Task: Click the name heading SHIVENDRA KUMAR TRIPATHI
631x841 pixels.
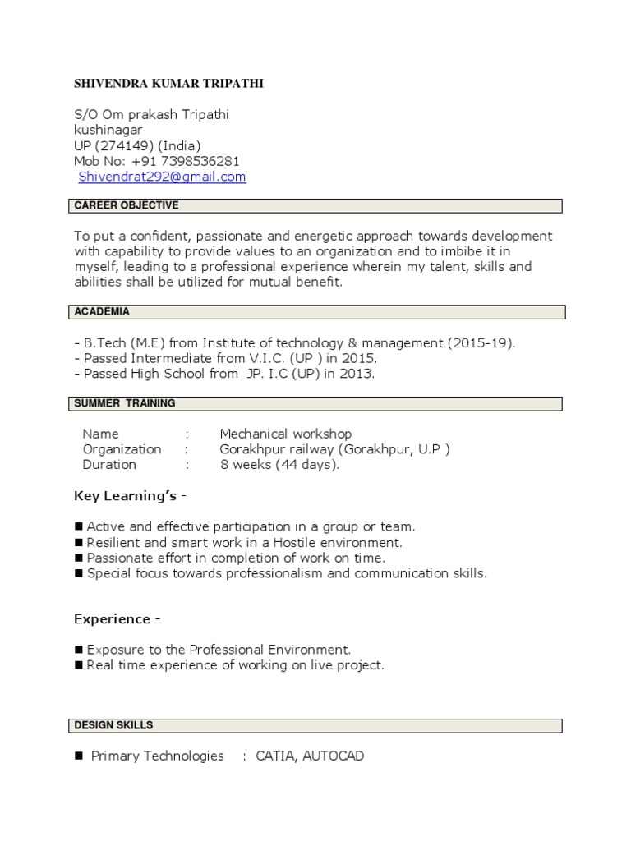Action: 169,84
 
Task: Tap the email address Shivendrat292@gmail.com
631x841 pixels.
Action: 162,177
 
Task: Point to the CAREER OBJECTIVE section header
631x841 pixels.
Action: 127,205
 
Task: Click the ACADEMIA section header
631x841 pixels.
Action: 102,312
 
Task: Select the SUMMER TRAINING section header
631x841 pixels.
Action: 125,403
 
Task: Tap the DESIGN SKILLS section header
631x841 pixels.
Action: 113,725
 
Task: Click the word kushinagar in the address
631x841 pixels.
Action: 108,130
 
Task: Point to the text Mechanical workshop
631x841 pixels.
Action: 285,434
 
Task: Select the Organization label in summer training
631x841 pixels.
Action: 122,449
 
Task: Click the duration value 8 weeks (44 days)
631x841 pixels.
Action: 279,465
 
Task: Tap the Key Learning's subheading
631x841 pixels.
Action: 130,496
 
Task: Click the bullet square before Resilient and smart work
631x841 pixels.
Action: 79,543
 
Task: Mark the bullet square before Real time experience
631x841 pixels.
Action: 79,665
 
